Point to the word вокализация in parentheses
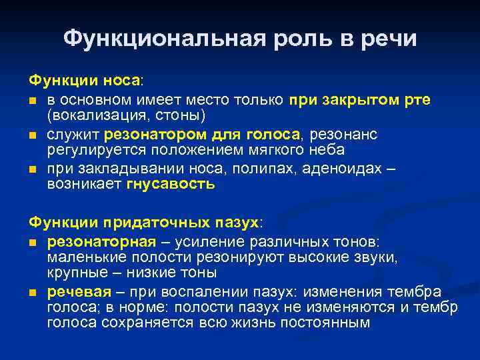tap(93, 115)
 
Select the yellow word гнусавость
tap(171, 184)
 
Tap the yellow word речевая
tap(77, 292)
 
